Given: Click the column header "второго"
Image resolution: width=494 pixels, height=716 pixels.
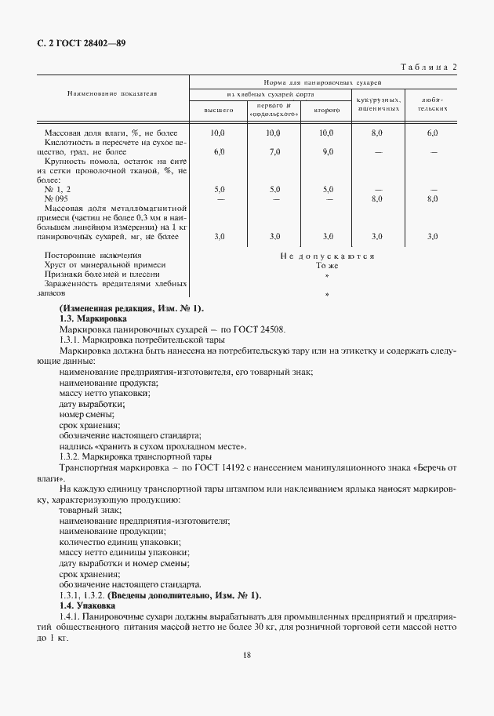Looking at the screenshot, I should [326, 111].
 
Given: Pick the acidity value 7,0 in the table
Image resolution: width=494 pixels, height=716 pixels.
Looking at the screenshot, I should [274, 151].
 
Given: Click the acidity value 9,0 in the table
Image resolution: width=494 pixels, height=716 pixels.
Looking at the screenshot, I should [327, 151].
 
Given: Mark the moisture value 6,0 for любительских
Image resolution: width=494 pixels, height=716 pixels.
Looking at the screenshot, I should [432, 133].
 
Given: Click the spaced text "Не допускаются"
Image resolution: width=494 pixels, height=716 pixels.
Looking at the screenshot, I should [326, 256].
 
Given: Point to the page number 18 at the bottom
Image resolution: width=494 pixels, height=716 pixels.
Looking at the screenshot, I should [247, 656].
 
